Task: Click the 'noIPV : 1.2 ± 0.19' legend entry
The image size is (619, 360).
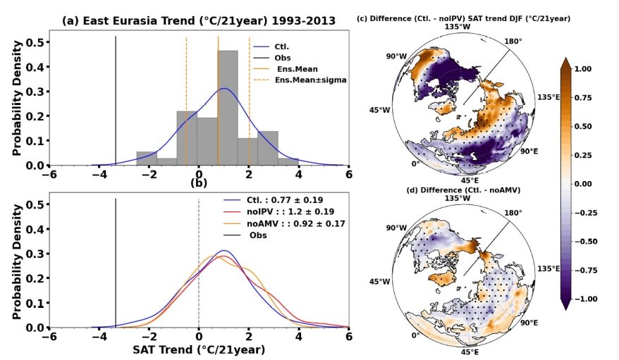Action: tap(281, 210)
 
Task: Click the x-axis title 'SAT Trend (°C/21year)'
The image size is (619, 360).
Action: tap(199, 349)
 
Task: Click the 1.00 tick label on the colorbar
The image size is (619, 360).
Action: tap(593, 70)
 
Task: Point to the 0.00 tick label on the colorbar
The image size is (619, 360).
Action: tap(593, 184)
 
